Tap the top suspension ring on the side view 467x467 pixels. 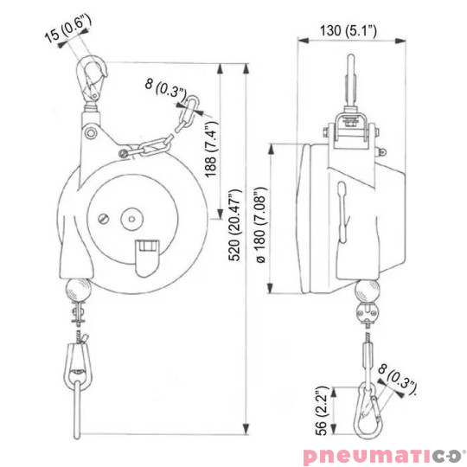pos(353,74)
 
